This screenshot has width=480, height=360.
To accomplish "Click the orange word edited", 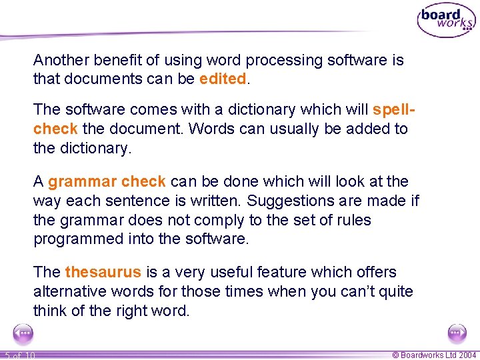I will (x=223, y=79).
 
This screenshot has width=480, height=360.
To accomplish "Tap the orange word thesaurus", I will (x=103, y=272).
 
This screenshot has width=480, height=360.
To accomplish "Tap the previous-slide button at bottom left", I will (x=23, y=333).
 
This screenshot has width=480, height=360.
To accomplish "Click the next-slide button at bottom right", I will (x=457, y=333).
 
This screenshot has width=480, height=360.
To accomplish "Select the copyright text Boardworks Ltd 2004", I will (x=433, y=355).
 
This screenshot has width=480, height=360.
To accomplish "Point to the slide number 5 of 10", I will (x=19, y=355).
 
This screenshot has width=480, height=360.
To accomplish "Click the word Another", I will (x=62, y=60).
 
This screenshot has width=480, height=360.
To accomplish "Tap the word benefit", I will (x=117, y=60).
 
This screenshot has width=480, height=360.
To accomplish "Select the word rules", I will (x=353, y=220).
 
